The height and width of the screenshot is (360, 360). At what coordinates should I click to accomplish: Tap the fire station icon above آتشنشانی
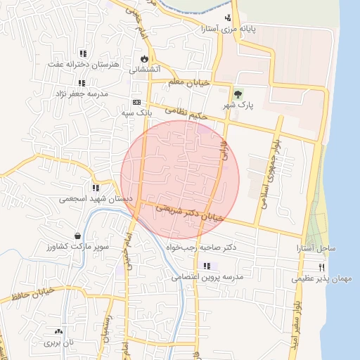[145, 59]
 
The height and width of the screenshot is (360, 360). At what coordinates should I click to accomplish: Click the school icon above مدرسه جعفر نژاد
[82, 83]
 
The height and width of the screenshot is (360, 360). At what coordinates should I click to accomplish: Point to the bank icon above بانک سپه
[136, 102]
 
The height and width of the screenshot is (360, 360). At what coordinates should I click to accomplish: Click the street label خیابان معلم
[189, 83]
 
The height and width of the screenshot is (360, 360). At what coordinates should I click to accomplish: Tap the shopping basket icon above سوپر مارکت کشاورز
[77, 236]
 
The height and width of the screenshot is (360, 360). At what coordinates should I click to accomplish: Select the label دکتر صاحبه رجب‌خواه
[200, 247]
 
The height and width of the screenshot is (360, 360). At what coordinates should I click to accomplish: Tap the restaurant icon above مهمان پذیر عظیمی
[322, 267]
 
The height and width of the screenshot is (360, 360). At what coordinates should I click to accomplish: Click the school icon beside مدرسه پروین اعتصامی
[207, 266]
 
